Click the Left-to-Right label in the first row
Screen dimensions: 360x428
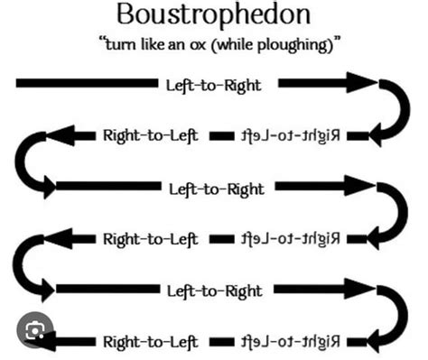(x=214, y=84)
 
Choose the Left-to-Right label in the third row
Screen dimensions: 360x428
(x=217, y=189)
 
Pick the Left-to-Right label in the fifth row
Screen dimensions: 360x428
(x=214, y=291)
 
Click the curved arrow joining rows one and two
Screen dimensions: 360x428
(x=395, y=108)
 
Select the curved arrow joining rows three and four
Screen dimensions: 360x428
(x=395, y=213)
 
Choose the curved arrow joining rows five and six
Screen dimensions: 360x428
(x=395, y=316)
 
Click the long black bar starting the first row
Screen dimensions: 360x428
(x=86, y=84)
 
